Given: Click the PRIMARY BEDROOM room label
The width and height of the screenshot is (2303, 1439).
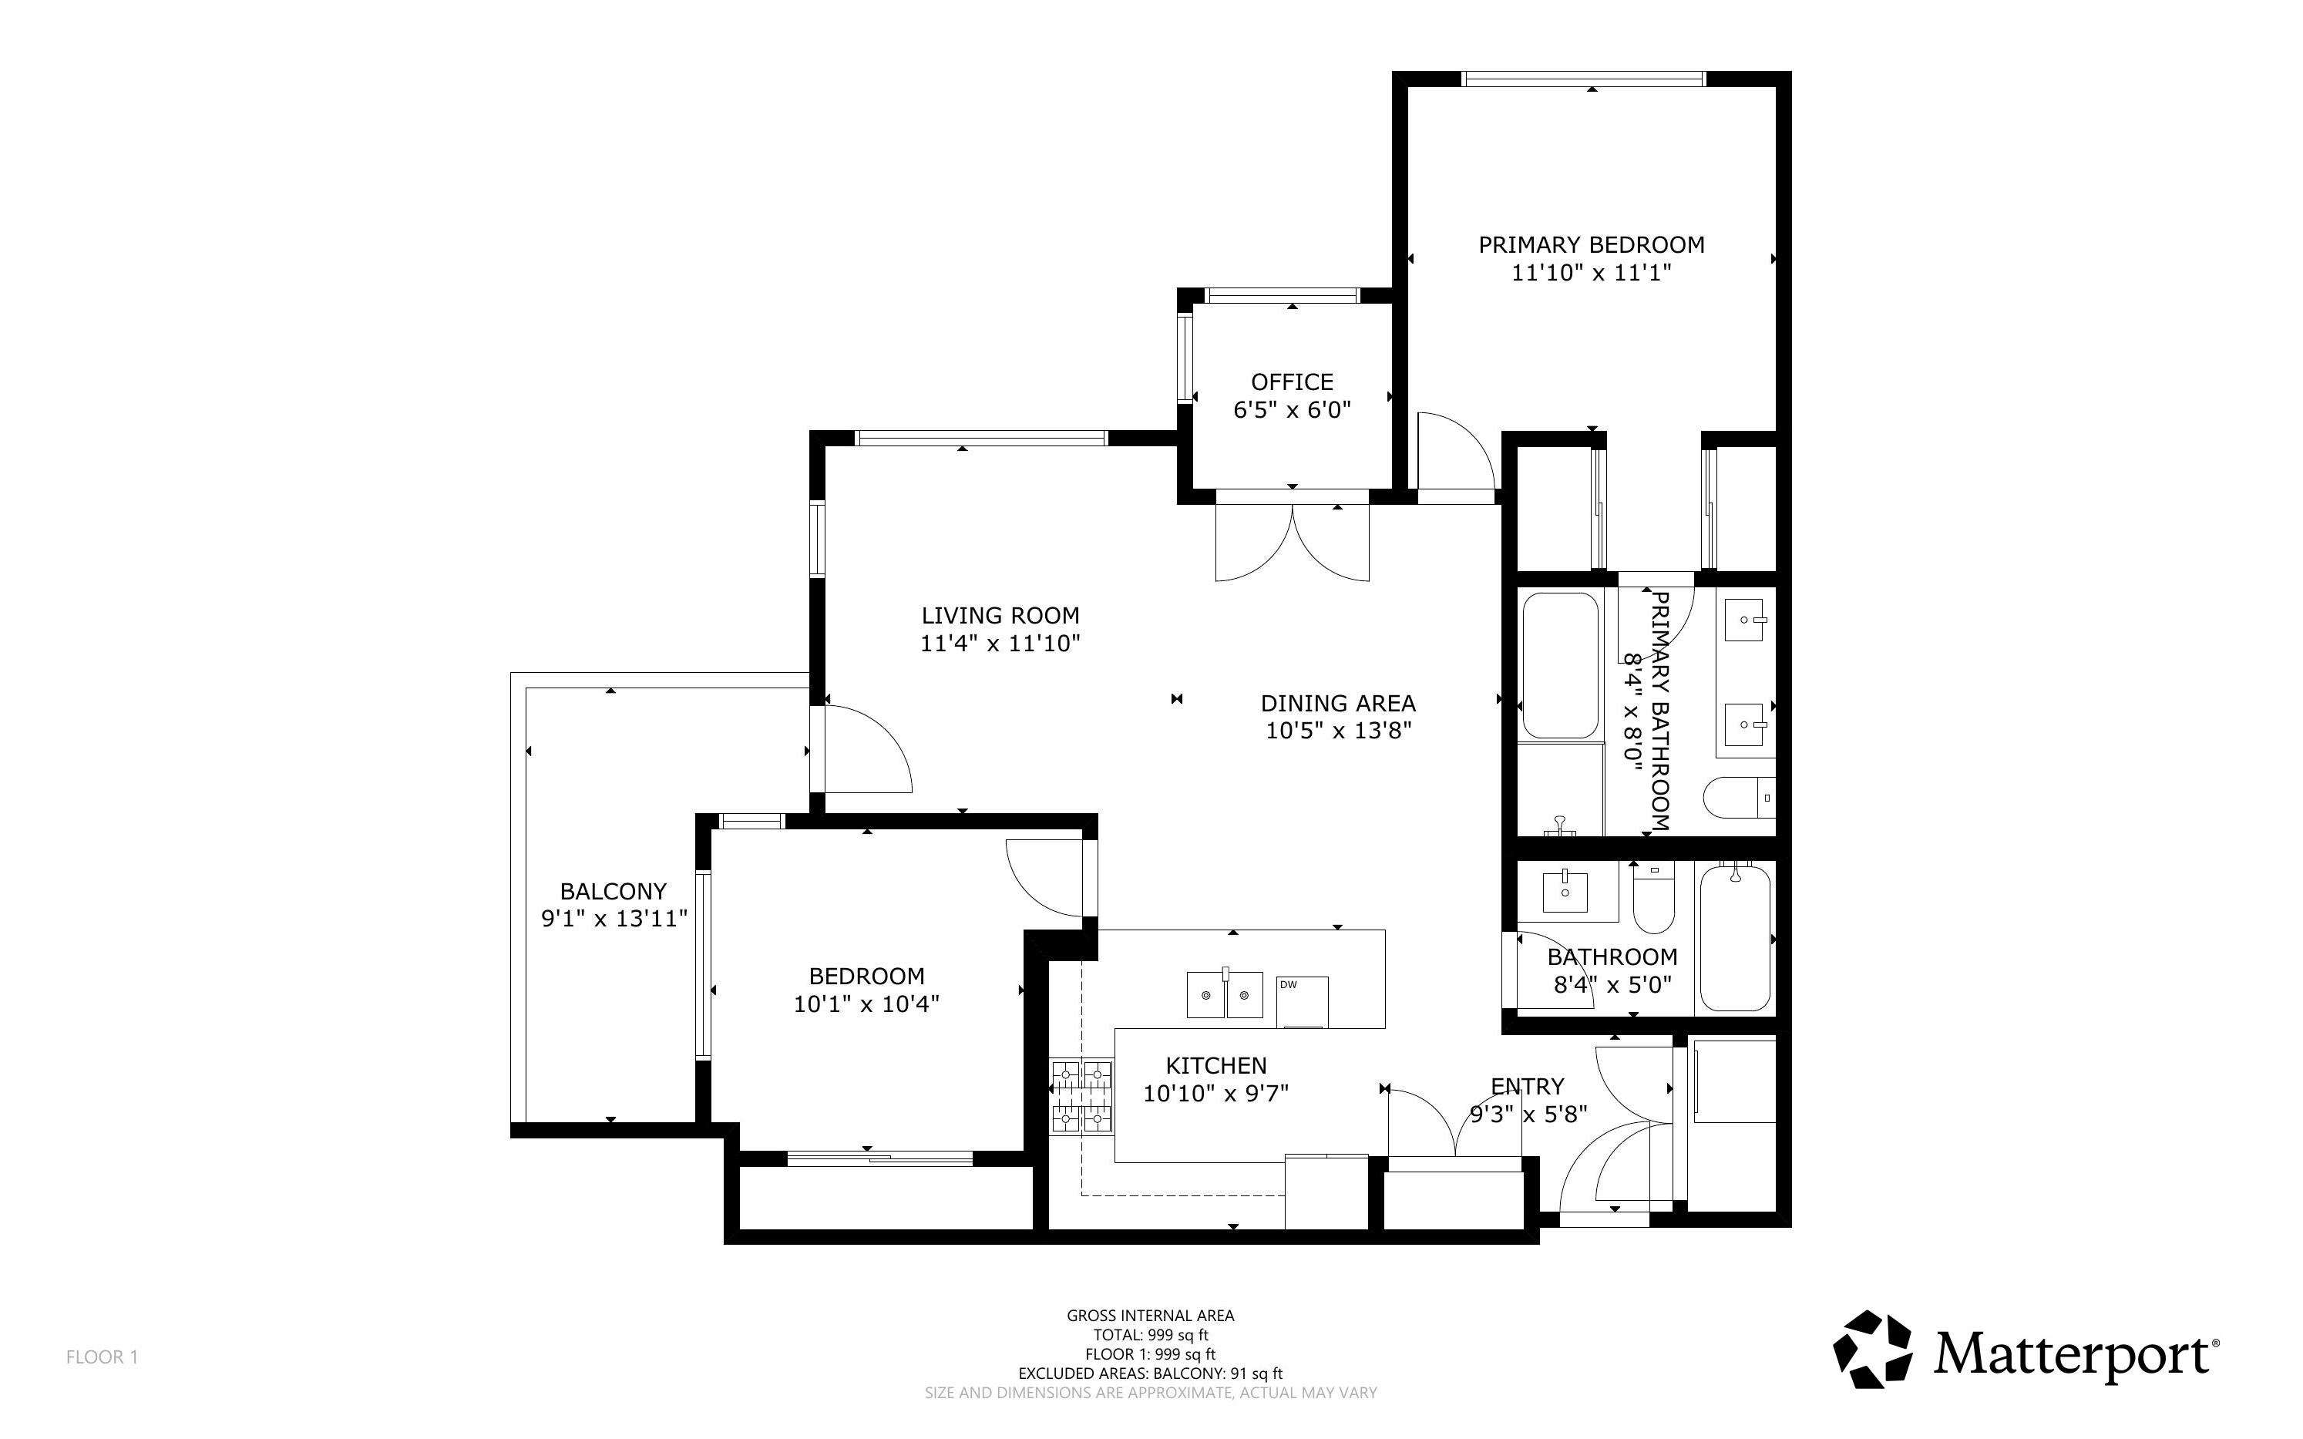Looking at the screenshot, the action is tap(1591, 244).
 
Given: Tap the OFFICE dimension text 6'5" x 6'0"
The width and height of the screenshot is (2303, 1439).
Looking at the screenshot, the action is tap(1293, 410).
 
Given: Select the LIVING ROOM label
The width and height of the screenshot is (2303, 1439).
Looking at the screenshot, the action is tap(1000, 616).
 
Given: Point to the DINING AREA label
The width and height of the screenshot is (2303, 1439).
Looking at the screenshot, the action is tap(1338, 704).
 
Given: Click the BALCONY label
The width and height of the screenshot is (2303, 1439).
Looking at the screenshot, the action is tap(613, 892).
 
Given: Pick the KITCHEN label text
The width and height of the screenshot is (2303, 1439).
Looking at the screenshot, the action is tap(1216, 1066).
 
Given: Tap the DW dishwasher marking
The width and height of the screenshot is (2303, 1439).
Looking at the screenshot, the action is tap(1289, 985).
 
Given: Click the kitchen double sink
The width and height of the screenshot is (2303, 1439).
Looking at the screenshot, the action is tap(1224, 994).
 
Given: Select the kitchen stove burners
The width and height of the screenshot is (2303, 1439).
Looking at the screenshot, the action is tap(1082, 1096).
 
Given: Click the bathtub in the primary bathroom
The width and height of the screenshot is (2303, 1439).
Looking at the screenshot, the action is tap(1560, 665).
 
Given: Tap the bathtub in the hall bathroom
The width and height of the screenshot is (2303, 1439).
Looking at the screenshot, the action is tap(1735, 937).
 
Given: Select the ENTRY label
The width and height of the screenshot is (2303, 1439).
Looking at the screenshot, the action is tap(1528, 1087).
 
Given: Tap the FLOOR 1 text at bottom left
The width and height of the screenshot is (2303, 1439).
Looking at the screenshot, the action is tap(102, 1357).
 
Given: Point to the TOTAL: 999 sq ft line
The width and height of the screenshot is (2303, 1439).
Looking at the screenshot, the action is tap(1151, 1335).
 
